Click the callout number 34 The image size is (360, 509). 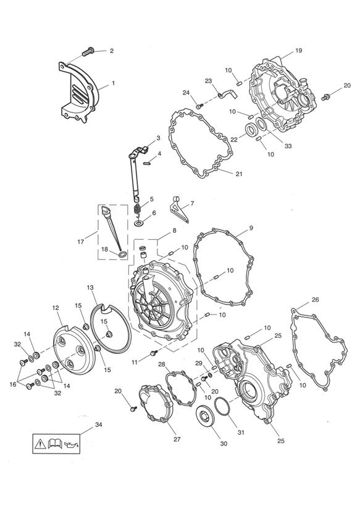pos(98,424)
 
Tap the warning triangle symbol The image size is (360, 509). pos(40,444)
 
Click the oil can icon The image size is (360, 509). pos(71,444)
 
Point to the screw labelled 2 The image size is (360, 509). pos(88,51)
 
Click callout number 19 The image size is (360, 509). pos(299,50)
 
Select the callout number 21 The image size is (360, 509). pos(239,174)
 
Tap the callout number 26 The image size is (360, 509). pos(315,300)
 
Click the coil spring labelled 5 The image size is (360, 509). pos(138,211)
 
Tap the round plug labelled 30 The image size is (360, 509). pos(204,416)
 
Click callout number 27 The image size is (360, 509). pos(177,439)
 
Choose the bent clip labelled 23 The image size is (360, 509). pos(228,94)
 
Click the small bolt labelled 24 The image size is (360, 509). pos(199,106)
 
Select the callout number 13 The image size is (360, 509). pos(90,287)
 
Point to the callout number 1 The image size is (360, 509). pos(113,83)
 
